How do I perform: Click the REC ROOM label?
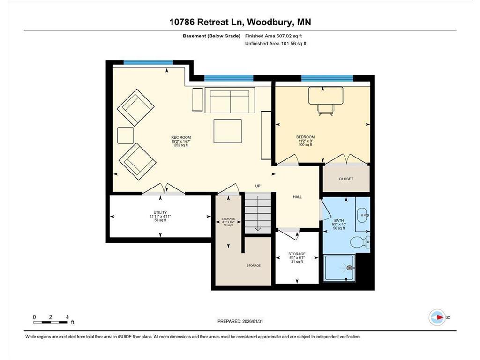[181, 137]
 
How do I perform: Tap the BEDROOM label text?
[305, 137]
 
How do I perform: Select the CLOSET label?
[346, 179]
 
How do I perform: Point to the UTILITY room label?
[160, 212]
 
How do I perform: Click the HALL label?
[297, 197]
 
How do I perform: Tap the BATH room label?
[339, 220]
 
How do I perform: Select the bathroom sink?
[363, 215]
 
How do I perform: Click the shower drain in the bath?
[350, 268]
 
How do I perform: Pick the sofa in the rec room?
[230, 100]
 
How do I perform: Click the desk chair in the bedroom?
[326, 110]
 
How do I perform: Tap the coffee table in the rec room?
[227, 131]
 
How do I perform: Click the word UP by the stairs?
[258, 186]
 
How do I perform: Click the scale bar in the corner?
[51, 322]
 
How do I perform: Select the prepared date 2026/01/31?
[253, 321]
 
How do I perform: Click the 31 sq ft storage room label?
[297, 262]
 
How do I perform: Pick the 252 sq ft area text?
[181, 145]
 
